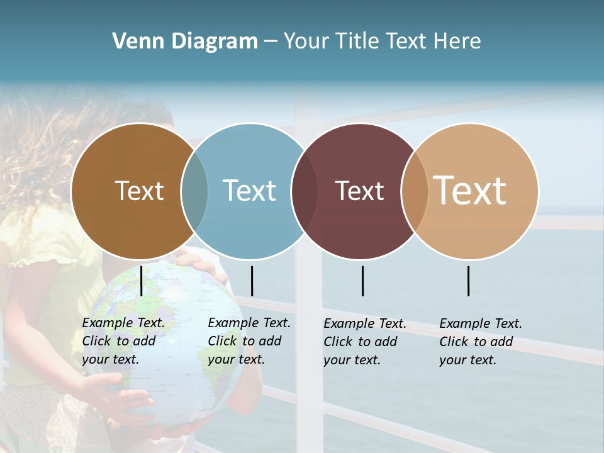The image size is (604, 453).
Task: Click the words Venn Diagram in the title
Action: click(185, 42)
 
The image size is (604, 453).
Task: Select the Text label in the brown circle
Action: click(139, 191)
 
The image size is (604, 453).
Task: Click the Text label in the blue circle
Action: click(249, 191)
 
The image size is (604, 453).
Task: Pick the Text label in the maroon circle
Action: click(359, 191)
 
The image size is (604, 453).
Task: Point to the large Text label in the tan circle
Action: click(470, 190)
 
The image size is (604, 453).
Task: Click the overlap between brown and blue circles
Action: click(194, 191)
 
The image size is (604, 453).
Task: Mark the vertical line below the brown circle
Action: click(142, 281)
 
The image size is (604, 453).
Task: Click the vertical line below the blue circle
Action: click(252, 281)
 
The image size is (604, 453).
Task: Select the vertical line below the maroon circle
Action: click(362, 281)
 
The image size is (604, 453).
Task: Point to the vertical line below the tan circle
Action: click(468, 281)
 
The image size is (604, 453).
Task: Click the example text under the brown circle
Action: click(123, 341)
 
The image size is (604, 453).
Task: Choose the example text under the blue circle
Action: click(249, 341)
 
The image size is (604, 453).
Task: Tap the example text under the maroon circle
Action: click(365, 342)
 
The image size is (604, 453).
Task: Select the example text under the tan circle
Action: click(481, 342)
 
